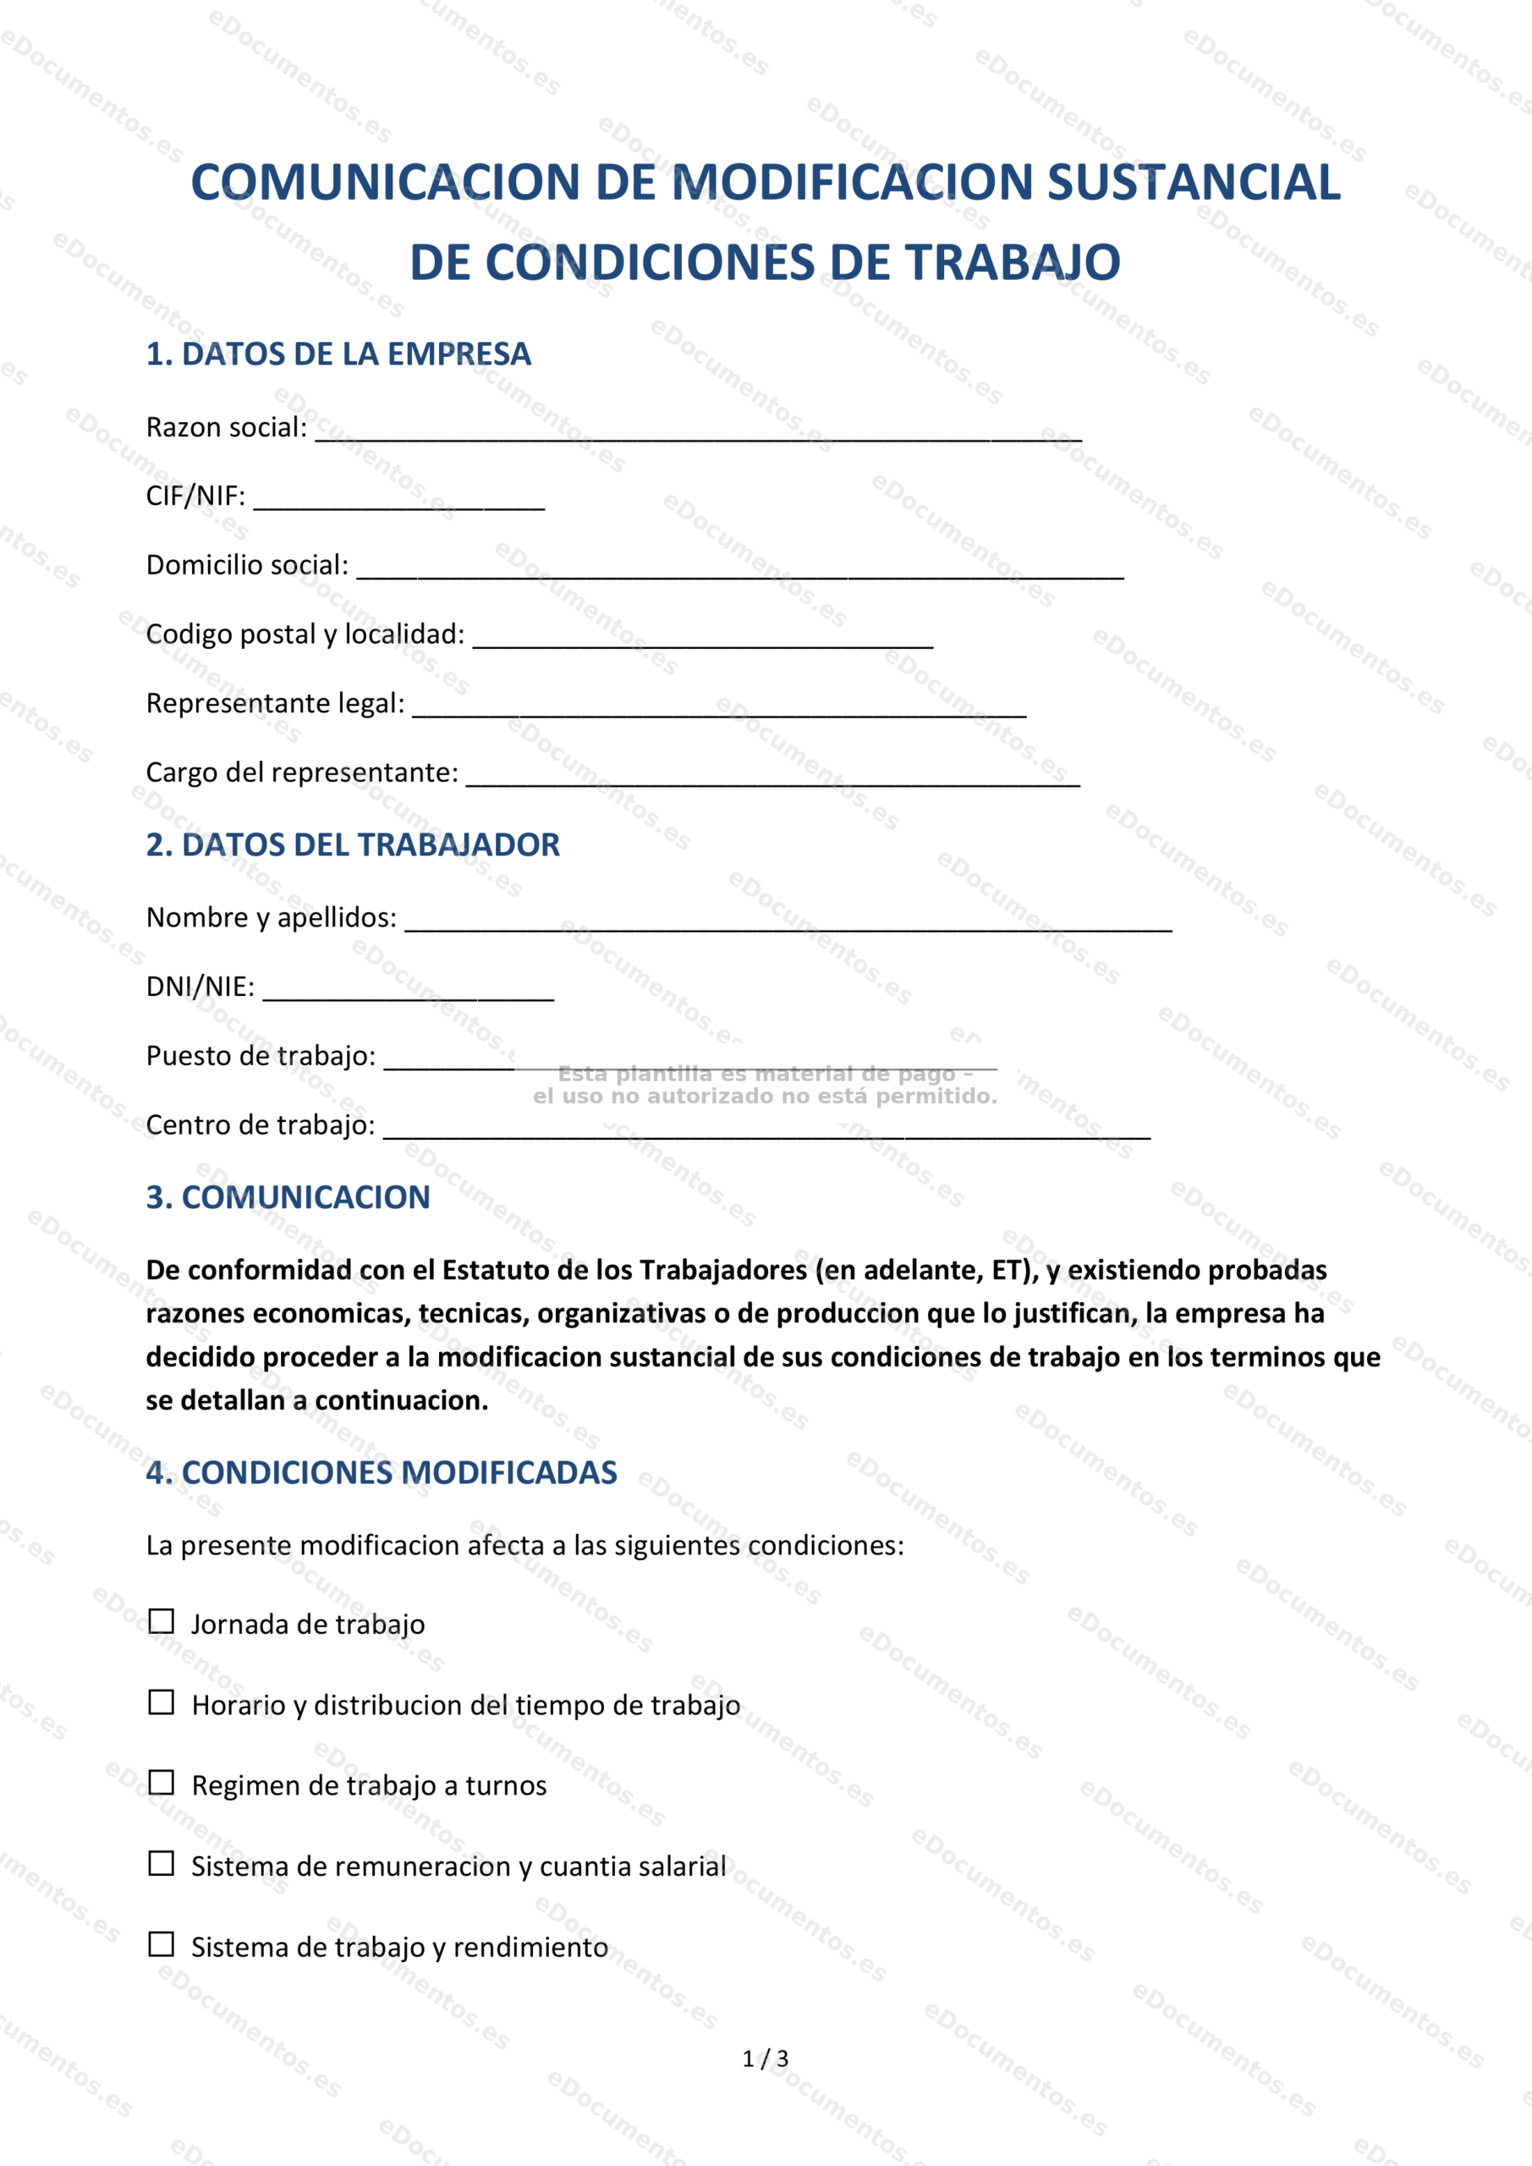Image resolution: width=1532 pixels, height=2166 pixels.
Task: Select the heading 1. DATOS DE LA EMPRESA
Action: [x=338, y=354]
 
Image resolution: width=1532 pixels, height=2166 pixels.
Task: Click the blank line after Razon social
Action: [x=698, y=432]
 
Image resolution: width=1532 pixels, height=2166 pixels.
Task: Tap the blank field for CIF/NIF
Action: [x=399, y=501]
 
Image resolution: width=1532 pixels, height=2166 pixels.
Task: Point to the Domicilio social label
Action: [x=247, y=565]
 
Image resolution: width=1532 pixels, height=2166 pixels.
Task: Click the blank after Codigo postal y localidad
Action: [x=703, y=639]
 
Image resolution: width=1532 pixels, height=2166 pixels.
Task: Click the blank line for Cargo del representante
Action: [x=772, y=778]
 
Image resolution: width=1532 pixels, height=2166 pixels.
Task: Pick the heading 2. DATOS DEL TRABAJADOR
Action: [x=353, y=844]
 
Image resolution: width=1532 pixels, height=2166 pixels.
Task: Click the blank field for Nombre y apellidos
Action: [x=788, y=922]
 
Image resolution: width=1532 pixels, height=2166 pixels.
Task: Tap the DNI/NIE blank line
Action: [x=408, y=992]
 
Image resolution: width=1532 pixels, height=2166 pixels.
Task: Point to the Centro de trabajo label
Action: [x=261, y=1124]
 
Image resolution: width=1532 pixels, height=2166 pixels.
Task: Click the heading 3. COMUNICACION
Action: [x=288, y=1197]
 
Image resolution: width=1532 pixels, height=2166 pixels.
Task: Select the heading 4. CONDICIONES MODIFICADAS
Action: [x=382, y=1472]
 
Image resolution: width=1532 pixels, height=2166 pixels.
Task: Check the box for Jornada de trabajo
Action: [x=162, y=1622]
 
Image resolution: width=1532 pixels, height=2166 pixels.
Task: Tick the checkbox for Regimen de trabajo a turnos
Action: [x=162, y=1783]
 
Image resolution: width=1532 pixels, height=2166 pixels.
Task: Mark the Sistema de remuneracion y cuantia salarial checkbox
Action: [x=162, y=1863]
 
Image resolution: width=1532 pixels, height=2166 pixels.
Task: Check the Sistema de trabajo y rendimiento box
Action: [x=162, y=1944]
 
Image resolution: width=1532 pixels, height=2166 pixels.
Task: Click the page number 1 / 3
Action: [x=765, y=2059]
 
